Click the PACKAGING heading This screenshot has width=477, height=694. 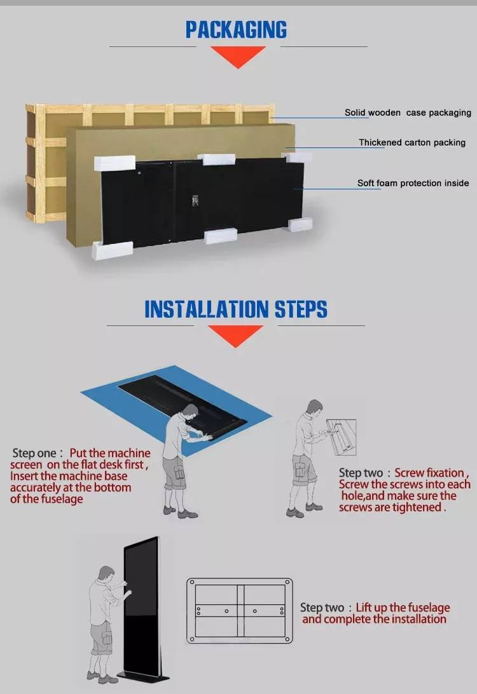coord(236,30)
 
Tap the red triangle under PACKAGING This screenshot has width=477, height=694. coord(238,57)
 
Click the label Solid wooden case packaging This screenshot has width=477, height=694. coord(408,113)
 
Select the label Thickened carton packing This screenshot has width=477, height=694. coord(412,142)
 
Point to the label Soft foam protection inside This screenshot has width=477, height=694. coord(413,183)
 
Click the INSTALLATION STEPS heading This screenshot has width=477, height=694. coord(235,309)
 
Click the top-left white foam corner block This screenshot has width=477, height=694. coord(114,163)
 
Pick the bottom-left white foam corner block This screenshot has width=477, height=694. coord(112,250)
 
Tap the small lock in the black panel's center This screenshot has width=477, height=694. coord(195,201)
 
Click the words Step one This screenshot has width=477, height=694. coord(34,452)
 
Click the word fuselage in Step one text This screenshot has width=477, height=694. coord(62,499)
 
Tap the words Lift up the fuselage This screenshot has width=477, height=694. coord(403,608)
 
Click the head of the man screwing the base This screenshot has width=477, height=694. coord(314,407)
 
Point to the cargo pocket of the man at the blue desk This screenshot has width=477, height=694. coord(179,472)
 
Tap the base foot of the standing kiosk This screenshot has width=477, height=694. coord(143,677)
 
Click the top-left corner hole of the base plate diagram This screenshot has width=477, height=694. coord(192,582)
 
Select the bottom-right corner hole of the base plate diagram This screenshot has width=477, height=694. coord(287,639)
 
